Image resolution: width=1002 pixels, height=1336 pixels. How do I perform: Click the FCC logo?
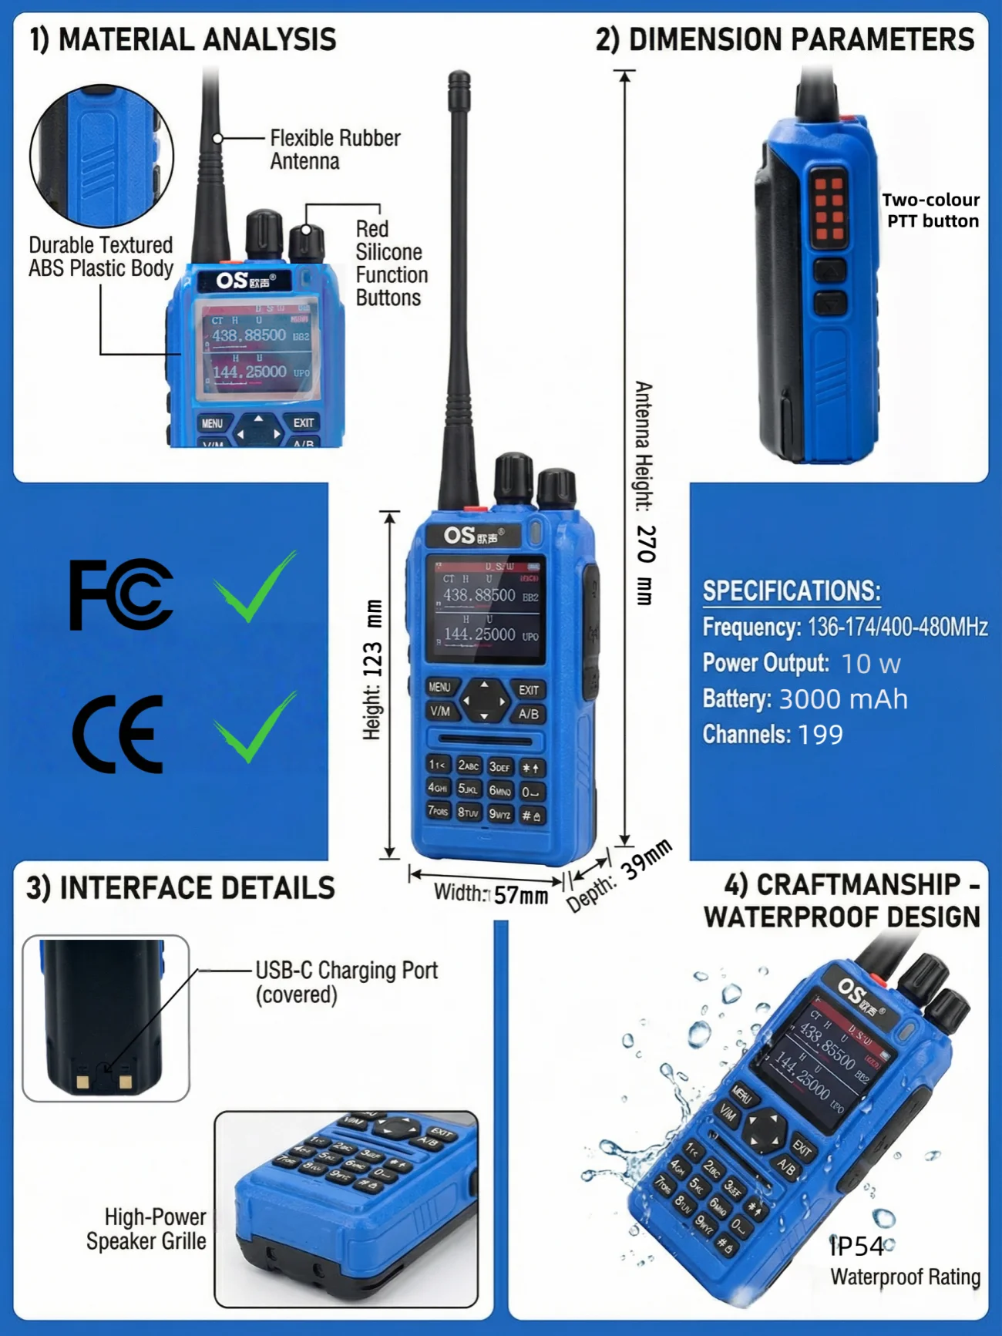(x=121, y=594)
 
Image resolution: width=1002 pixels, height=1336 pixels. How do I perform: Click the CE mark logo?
(x=118, y=734)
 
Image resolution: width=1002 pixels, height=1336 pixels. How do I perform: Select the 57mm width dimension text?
(x=521, y=895)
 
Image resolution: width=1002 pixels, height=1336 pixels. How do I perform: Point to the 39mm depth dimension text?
(x=647, y=860)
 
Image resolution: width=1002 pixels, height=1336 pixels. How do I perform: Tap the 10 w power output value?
(x=870, y=664)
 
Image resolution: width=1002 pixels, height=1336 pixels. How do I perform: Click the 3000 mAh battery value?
(x=843, y=699)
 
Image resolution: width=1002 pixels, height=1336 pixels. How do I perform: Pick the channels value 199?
(x=820, y=735)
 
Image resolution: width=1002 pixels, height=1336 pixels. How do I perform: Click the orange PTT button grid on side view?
(x=829, y=208)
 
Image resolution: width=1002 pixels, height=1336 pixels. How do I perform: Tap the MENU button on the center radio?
(x=440, y=687)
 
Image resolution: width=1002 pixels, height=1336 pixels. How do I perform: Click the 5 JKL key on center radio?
(x=469, y=789)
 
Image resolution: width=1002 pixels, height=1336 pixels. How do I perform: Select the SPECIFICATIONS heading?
(x=792, y=591)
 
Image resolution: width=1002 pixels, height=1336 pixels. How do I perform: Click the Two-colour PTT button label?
(x=931, y=210)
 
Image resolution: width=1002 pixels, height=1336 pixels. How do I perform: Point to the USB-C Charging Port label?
(x=346, y=981)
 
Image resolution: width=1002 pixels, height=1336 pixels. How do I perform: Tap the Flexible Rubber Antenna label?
(x=335, y=150)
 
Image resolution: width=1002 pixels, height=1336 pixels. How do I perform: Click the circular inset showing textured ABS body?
(x=102, y=156)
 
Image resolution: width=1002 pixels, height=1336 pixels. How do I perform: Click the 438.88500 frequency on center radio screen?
(x=479, y=595)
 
